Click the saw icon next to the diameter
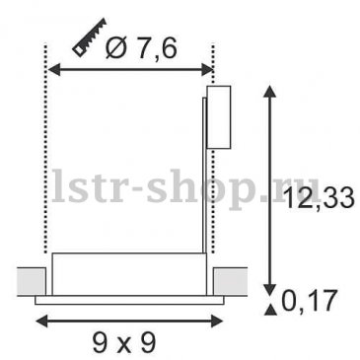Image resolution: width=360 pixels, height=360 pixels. point(90,37)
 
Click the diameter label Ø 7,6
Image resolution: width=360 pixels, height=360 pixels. point(142,48)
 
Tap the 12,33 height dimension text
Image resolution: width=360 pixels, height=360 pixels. point(320,197)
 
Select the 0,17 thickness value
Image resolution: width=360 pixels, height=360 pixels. point(310,300)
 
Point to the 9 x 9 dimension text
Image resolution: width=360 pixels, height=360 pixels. point(123,342)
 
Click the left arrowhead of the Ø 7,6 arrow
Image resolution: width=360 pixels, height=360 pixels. point(54,69)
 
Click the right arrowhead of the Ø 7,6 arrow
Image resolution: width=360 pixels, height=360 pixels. point(207,69)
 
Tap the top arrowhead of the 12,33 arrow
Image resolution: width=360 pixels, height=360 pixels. point(270,91)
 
